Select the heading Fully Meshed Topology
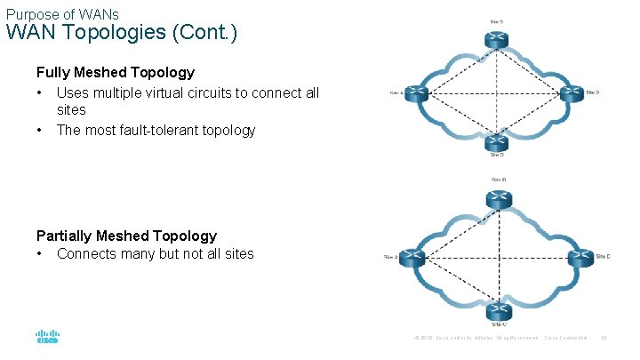coord(115,72)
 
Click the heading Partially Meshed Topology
coord(126,236)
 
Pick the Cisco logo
coord(47,338)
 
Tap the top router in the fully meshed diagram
coord(495,40)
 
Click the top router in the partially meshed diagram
coord(498,201)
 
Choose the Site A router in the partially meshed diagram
coord(410,257)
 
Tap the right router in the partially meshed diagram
coord(579,257)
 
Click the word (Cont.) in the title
coord(206,35)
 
